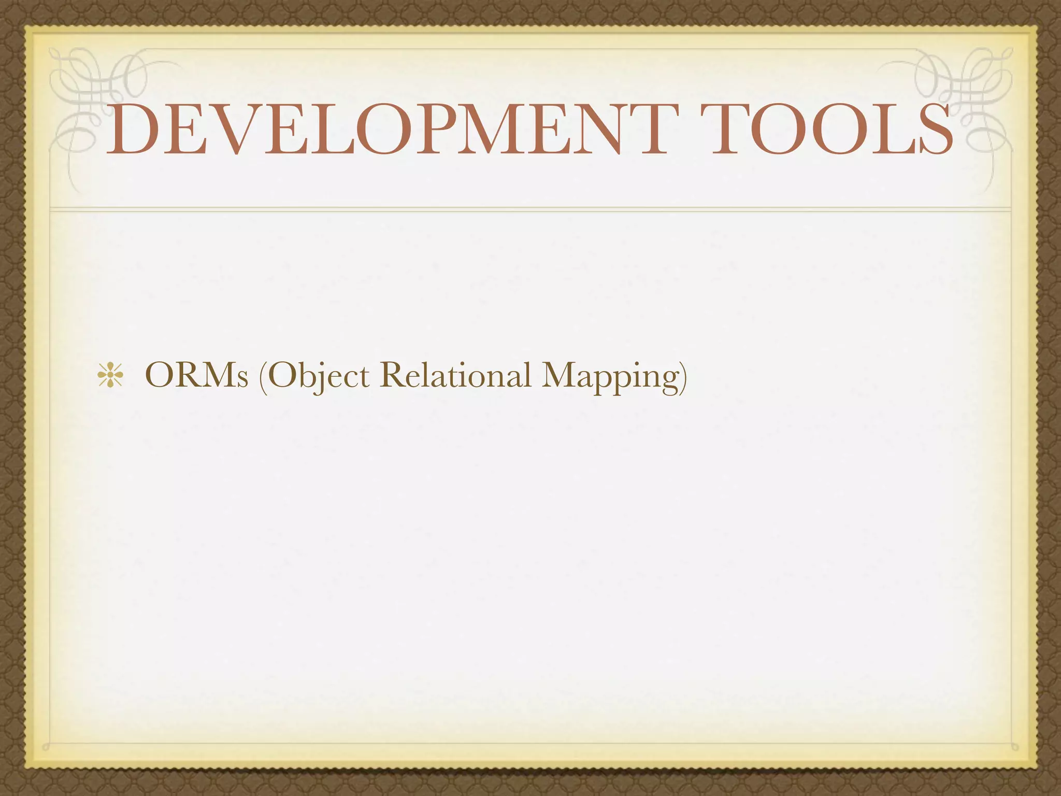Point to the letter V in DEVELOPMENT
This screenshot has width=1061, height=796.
coord(228,130)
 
